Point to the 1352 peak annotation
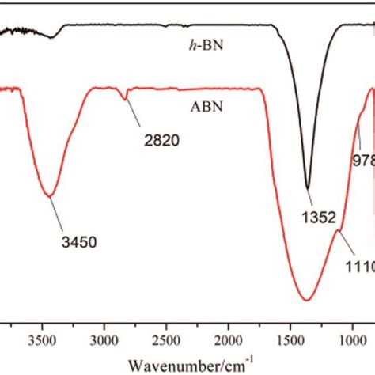click(324, 214)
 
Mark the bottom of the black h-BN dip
click(307, 188)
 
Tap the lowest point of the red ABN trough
click(305, 299)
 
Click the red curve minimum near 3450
click(50, 195)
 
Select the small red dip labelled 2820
click(125, 99)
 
